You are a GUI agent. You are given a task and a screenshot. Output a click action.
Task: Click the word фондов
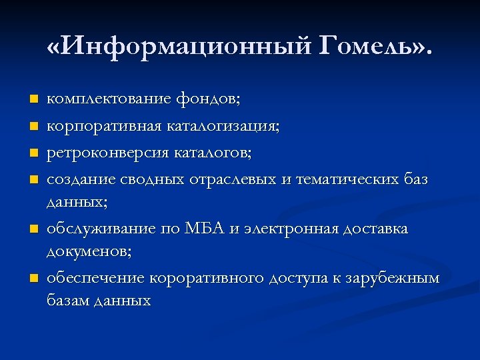click(x=209, y=99)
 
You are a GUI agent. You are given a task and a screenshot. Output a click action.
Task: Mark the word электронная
click(x=290, y=229)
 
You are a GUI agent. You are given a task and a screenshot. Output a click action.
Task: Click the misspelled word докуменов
click(x=88, y=251)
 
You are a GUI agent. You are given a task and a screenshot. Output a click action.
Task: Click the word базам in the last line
click(x=69, y=300)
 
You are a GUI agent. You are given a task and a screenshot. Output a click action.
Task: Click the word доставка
click(x=375, y=229)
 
